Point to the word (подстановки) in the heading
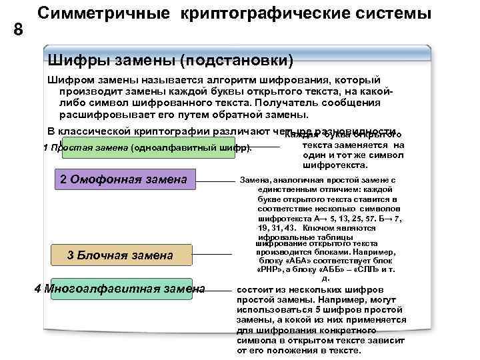coord(232,61)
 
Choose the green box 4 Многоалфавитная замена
coord(121,289)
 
